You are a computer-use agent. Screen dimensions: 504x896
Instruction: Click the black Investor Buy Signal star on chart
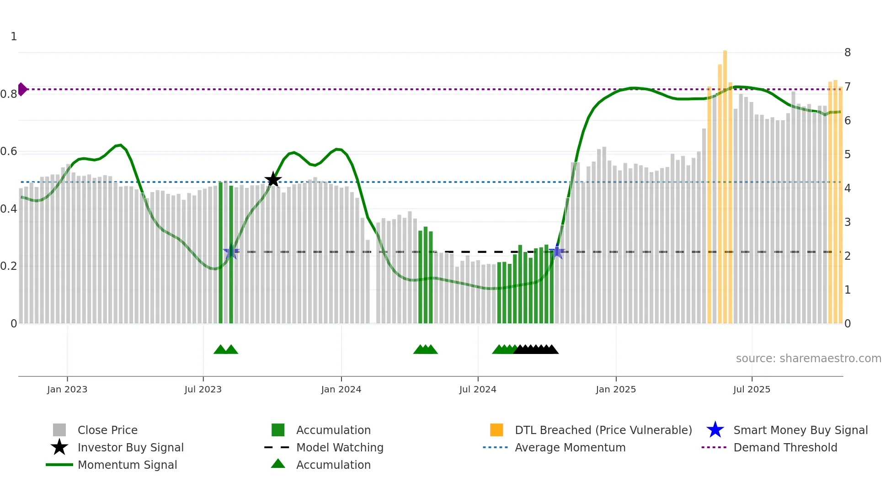(273, 180)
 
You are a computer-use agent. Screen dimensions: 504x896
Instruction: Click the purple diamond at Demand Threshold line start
(22, 89)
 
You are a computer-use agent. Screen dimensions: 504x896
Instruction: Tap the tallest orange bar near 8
(725, 183)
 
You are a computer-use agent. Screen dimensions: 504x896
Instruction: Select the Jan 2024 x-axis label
(341, 390)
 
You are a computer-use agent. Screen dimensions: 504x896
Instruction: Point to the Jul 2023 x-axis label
(203, 390)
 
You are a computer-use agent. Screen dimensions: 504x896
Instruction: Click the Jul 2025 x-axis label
(752, 390)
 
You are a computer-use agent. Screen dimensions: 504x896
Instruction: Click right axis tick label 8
(848, 53)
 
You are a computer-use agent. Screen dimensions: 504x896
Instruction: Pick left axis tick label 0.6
(9, 151)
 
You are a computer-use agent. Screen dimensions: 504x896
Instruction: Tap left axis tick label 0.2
(9, 266)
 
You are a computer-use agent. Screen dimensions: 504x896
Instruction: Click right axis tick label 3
(848, 222)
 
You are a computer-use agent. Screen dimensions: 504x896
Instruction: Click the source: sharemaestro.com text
(808, 359)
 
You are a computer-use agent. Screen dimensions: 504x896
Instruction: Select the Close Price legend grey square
(59, 430)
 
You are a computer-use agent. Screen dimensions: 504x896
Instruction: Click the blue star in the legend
(715, 430)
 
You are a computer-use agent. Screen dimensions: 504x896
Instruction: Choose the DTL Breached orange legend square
(496, 430)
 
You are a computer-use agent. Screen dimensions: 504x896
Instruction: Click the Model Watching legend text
(340, 447)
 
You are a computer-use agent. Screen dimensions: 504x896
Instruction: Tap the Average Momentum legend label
(570, 447)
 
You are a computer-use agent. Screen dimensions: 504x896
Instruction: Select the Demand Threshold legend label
(785, 447)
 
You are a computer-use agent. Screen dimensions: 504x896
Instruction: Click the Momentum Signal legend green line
(59, 465)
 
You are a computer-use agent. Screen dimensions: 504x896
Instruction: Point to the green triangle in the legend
(278, 464)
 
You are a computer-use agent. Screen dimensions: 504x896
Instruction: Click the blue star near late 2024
(557, 252)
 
